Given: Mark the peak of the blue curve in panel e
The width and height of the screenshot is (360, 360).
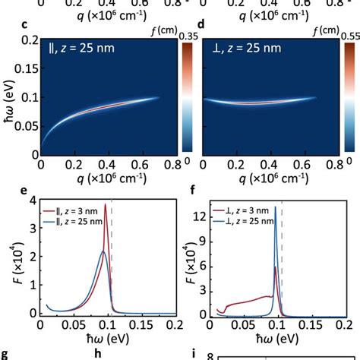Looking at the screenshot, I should [x=103, y=251].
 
